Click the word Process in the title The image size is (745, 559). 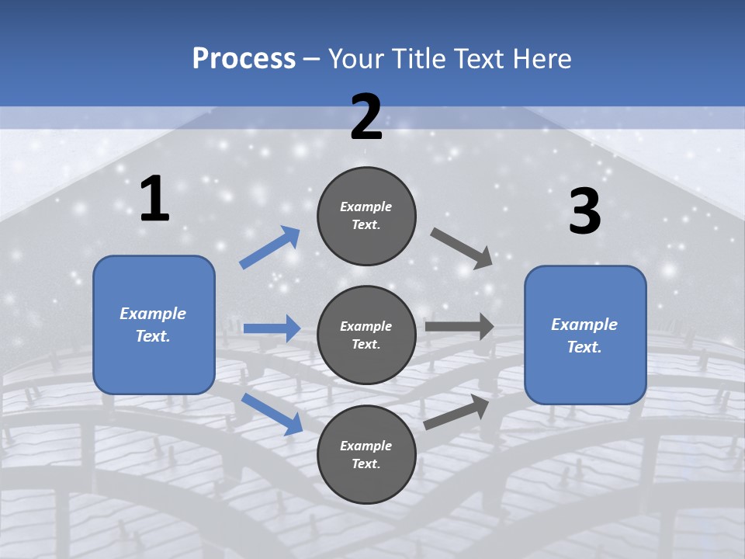point(244,59)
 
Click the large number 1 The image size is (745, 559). point(155,199)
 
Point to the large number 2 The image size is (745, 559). point(366,117)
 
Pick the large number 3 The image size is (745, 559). point(585,210)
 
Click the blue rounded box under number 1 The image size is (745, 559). point(154,325)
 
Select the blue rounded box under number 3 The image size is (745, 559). point(585,335)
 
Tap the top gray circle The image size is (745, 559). point(366,216)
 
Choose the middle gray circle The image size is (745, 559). point(366,335)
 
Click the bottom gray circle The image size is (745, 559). point(366,454)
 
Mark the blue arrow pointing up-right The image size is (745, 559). point(269,247)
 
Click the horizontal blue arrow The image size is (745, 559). point(272,328)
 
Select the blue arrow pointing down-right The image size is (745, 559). point(272,414)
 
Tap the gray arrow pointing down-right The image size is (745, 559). point(461,249)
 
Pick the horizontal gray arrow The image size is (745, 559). point(459,327)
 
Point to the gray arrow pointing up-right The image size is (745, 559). point(456,411)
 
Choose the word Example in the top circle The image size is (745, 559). point(366,207)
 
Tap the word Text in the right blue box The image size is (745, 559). point(584,346)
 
